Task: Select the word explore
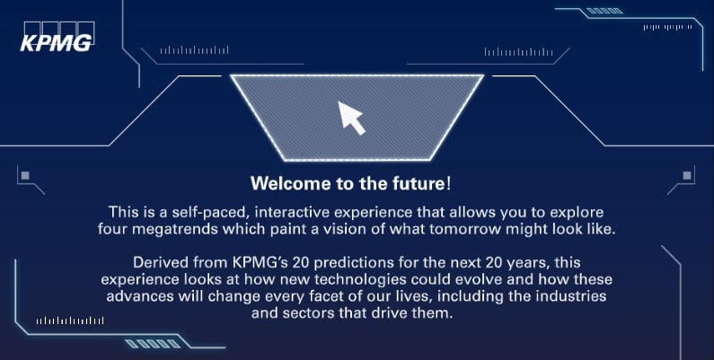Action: point(577,213)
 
